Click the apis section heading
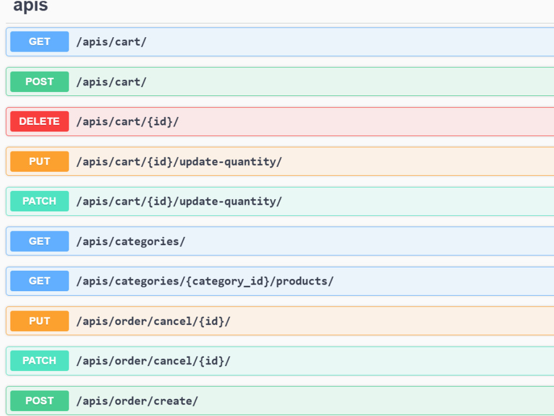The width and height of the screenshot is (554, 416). click(30, 6)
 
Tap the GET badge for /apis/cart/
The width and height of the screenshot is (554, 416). click(39, 42)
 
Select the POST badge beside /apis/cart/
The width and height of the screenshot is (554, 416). click(39, 82)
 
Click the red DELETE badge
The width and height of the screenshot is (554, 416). click(39, 121)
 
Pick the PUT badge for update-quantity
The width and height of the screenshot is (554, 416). click(39, 161)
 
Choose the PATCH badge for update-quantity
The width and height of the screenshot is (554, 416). click(39, 201)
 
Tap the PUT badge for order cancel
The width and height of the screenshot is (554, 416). click(39, 321)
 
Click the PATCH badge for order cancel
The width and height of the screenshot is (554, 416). click(39, 361)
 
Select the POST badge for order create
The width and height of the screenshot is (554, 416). click(39, 401)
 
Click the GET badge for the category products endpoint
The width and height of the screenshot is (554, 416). click(39, 281)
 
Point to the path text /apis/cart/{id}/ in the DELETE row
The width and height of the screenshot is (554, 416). click(127, 121)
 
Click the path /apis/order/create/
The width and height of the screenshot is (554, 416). click(137, 401)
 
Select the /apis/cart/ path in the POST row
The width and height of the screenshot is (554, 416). click(111, 82)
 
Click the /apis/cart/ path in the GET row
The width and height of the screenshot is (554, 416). click(111, 42)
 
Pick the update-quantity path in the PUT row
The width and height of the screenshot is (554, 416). click(179, 162)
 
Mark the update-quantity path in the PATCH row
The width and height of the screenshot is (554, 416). click(179, 202)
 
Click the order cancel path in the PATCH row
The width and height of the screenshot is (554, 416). click(153, 361)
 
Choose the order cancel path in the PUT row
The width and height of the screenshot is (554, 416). click(153, 321)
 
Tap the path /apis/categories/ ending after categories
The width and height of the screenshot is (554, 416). click(131, 242)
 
